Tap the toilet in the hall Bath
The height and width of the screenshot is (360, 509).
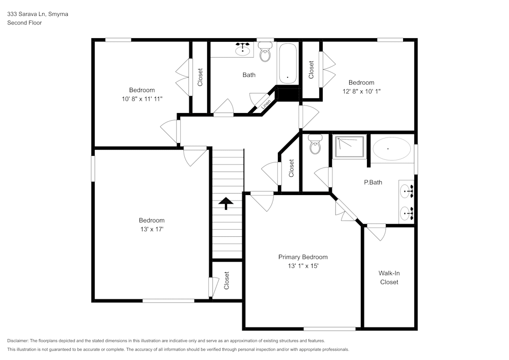point(265,52)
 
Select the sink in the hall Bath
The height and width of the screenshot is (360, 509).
point(241,49)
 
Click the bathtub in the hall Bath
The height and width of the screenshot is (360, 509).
point(288,64)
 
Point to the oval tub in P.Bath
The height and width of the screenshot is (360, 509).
point(391,149)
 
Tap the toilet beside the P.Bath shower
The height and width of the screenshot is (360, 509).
point(315,144)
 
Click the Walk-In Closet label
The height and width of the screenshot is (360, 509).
point(389,278)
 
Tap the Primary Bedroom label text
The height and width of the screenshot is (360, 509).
point(303,257)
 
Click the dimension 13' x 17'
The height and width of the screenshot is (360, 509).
point(152,229)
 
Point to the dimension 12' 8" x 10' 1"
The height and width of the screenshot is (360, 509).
point(361,91)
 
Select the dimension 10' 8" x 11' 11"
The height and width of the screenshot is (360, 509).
point(142,99)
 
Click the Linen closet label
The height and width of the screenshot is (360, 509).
point(266,105)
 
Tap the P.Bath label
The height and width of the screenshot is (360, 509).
point(373,182)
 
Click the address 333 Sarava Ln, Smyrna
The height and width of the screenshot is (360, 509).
point(37,14)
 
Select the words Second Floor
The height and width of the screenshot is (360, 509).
point(24,23)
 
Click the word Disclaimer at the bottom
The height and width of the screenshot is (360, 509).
point(18,341)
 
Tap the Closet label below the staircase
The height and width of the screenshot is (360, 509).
point(227,281)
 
